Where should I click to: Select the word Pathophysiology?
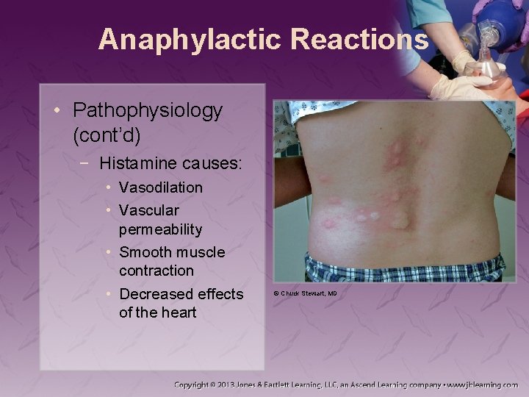[148, 111]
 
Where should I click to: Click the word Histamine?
[134, 162]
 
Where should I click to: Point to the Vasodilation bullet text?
[161, 187]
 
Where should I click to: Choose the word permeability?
[161, 229]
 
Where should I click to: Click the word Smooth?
[145, 252]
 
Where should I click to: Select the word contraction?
[156, 271]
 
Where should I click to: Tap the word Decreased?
[156, 294]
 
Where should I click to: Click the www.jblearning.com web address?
[482, 384]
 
